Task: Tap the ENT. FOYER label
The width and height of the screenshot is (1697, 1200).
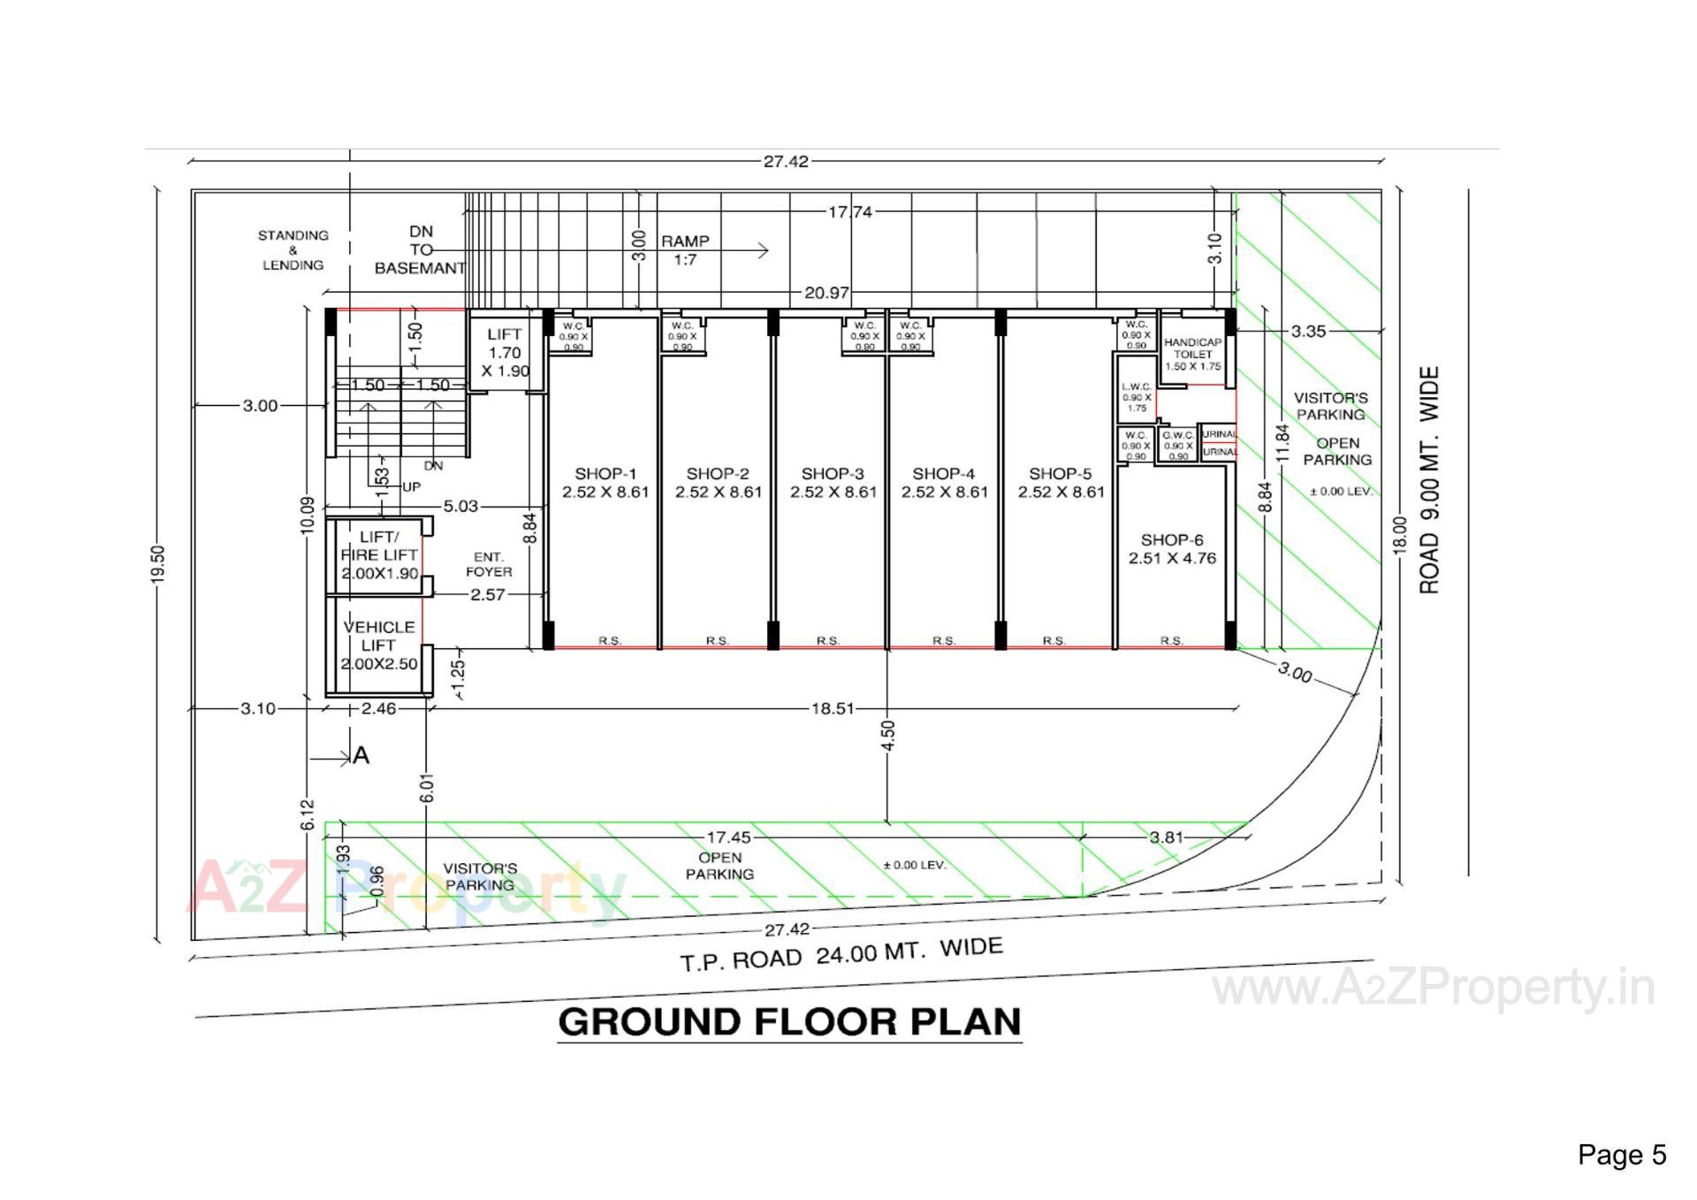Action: coord(489,564)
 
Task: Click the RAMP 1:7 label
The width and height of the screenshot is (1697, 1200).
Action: coord(685,250)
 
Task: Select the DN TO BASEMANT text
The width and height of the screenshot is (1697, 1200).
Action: coord(421,250)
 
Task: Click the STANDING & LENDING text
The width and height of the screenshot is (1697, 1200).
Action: coord(293,250)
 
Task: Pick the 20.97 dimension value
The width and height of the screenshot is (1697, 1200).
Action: coord(827,293)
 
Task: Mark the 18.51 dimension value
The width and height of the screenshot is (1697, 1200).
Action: coord(833,708)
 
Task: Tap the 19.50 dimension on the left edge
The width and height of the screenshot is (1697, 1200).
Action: coord(158,563)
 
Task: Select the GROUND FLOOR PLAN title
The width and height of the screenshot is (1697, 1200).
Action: coord(790,1022)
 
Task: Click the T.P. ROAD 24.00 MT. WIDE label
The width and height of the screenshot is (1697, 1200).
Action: coord(841,954)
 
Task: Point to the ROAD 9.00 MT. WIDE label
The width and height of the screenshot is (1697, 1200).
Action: coord(1429,480)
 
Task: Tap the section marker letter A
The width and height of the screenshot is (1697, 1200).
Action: coord(361,756)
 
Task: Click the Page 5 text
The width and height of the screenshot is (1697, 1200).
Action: coord(1622,1155)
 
